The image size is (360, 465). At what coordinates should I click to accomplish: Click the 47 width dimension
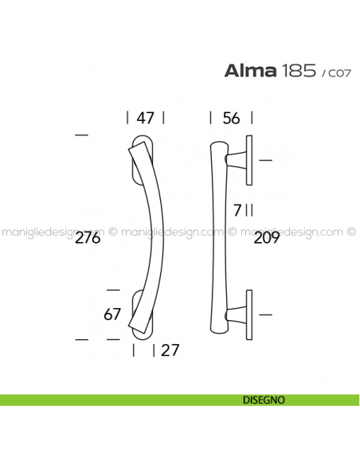145,118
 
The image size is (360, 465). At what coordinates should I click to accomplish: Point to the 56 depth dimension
231,118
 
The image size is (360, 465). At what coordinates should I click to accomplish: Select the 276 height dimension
88,238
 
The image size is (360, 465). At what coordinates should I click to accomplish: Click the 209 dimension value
267,238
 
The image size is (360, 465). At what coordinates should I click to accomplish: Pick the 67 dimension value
112,314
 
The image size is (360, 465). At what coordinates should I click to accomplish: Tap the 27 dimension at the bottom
170,350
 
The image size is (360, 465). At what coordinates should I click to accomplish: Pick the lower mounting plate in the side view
249,314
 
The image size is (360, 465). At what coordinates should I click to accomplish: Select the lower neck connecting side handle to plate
237,314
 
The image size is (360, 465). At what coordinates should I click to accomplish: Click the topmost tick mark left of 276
80,136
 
